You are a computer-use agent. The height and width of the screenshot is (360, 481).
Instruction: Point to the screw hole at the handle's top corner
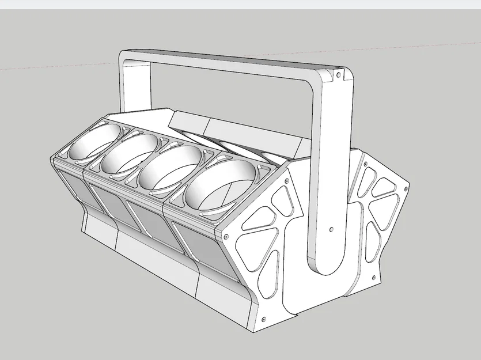[x=337, y=73]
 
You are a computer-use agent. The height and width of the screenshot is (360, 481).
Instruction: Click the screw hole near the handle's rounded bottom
[x=330, y=229]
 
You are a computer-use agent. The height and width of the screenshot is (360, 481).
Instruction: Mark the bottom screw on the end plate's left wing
[x=264, y=319]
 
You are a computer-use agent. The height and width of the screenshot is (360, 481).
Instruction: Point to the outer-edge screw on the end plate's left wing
[x=227, y=236]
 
